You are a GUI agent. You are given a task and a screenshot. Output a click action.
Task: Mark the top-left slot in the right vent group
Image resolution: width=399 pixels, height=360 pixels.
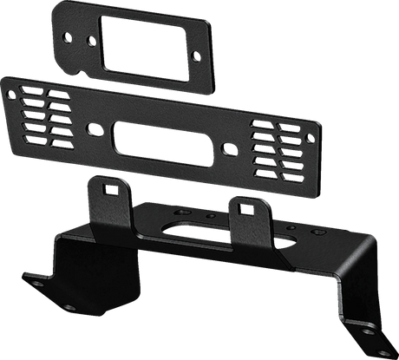click(259, 127)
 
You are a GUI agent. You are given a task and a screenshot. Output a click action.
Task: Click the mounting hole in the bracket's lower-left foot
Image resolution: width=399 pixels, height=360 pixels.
click(38, 283)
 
